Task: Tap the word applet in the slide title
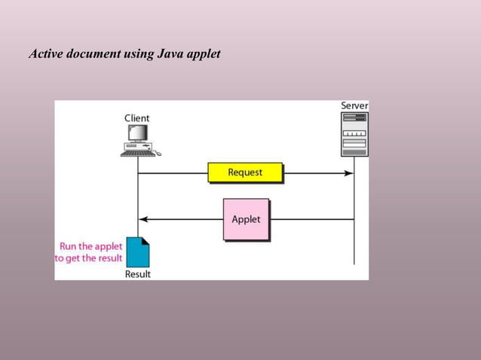coord(205,55)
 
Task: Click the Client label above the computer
coord(136,118)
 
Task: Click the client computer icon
coord(138,138)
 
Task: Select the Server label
coord(354,106)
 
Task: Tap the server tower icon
coord(354,134)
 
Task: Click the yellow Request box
coord(245,172)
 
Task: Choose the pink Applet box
coord(246,219)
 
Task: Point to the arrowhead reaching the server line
coord(349,172)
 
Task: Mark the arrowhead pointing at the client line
coord(142,219)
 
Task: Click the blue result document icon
coord(138,252)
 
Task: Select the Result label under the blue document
coord(137,274)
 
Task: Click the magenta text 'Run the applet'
coord(90,246)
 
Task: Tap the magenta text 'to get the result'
coord(88,258)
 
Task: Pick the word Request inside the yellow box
coord(245,172)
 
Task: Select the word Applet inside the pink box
coord(246,219)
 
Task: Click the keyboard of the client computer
coord(136,152)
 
